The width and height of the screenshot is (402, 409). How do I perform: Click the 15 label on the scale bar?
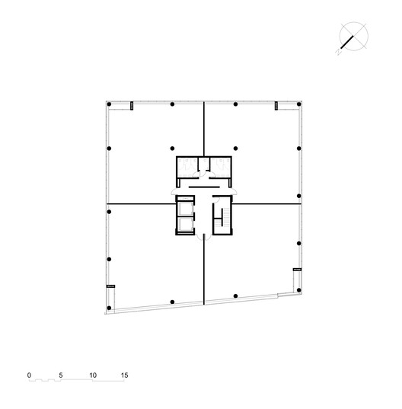click(x=124, y=375)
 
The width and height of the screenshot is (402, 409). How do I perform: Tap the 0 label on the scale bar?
click(x=29, y=375)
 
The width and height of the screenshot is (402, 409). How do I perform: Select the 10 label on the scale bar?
click(x=93, y=375)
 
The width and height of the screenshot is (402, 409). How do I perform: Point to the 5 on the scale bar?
click(x=61, y=375)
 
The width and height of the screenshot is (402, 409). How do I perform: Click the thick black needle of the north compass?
click(x=347, y=42)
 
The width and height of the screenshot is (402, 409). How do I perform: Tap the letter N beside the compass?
click(x=338, y=53)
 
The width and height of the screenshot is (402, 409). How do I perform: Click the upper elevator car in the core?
click(x=185, y=209)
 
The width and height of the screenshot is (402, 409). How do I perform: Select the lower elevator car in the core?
click(x=185, y=225)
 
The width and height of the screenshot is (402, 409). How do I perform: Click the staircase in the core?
click(x=222, y=216)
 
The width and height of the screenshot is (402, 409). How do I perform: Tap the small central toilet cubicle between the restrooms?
click(x=204, y=164)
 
